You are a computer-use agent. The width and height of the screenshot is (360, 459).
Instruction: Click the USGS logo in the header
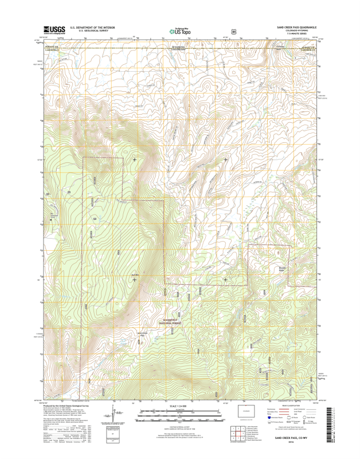click(52, 30)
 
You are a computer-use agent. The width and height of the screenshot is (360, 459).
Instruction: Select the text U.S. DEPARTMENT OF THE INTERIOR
click(92, 27)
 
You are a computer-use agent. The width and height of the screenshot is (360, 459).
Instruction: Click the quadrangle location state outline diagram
click(247, 412)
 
